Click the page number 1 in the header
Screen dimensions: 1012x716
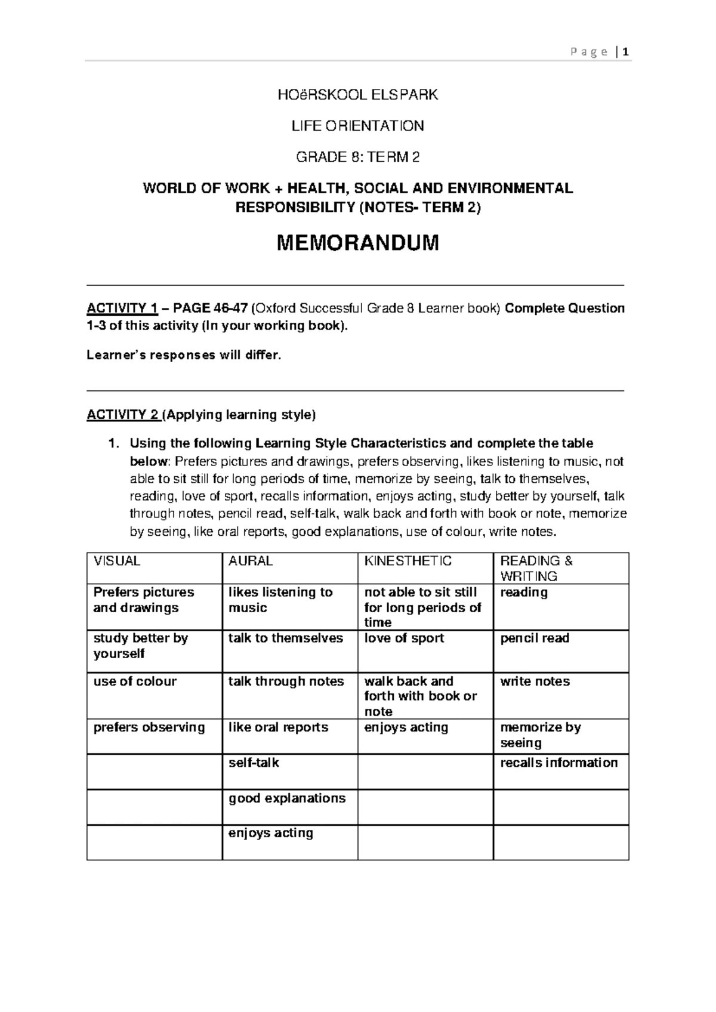click(625, 53)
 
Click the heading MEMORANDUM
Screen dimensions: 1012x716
click(357, 243)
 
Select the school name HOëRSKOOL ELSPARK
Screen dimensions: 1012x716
click(357, 95)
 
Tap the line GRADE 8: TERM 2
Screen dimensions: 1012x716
click(357, 157)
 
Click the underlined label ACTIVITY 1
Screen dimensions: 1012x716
click(122, 308)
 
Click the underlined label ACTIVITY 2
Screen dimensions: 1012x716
click(122, 415)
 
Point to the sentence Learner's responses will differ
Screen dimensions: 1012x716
click(183, 356)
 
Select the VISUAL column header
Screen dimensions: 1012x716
click(116, 561)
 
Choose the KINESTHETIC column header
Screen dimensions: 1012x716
click(408, 561)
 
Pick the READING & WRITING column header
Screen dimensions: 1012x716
click(536, 569)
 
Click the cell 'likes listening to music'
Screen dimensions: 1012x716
click(280, 600)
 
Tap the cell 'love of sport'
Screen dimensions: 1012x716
click(404, 638)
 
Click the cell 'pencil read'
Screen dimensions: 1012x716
click(535, 638)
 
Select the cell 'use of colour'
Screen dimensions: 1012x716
click(135, 681)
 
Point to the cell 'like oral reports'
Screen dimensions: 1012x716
click(278, 727)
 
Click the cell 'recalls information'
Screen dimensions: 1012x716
click(558, 763)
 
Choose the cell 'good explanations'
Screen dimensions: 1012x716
click(287, 798)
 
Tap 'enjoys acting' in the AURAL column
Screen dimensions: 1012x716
click(270, 833)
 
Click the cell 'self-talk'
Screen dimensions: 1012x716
click(254, 763)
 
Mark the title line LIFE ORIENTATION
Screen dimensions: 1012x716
click(357, 126)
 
